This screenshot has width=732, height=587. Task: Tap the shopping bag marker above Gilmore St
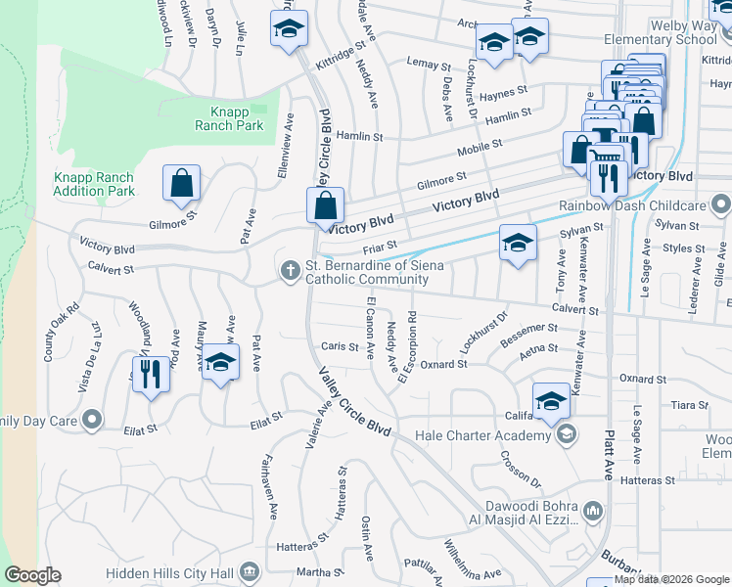(x=183, y=184)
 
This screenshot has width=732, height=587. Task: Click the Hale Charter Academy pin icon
(x=566, y=434)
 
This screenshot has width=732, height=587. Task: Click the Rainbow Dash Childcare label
(x=632, y=205)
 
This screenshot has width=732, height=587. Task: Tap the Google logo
(x=32, y=575)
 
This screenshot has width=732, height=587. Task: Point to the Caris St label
(x=340, y=346)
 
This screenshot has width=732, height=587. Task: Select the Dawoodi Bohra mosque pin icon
(x=592, y=511)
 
